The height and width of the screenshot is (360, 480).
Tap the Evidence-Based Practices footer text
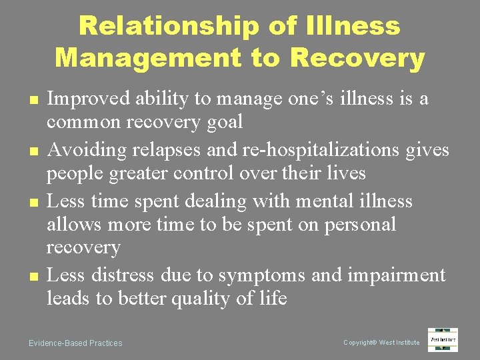pyautogui.click(x=75, y=343)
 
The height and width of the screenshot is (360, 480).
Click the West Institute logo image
pyautogui.click(x=443, y=340)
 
